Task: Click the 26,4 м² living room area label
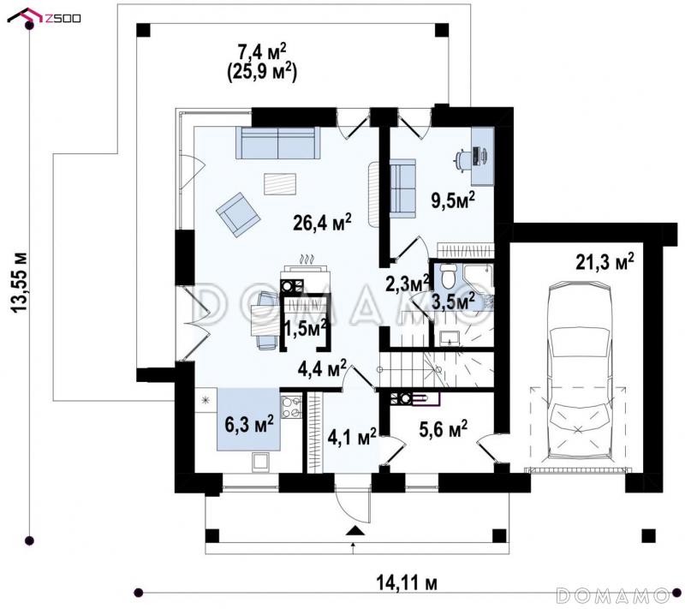pyautogui.click(x=323, y=223)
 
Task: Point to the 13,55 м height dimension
pyautogui.click(x=19, y=282)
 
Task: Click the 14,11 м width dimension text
pyautogui.click(x=406, y=582)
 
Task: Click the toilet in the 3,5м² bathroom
pyautogui.click(x=448, y=275)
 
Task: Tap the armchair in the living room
pyautogui.click(x=238, y=214)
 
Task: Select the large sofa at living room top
pyautogui.click(x=277, y=143)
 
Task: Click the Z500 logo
pyautogui.click(x=45, y=16)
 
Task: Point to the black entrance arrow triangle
pyautogui.click(x=354, y=531)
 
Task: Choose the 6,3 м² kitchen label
pyautogui.click(x=249, y=424)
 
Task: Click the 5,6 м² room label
pyautogui.click(x=443, y=429)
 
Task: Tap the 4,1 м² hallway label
pyautogui.click(x=352, y=437)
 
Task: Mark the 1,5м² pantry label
pyautogui.click(x=306, y=328)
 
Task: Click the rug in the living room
pyautogui.click(x=280, y=184)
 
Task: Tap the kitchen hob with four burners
pyautogui.click(x=291, y=408)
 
